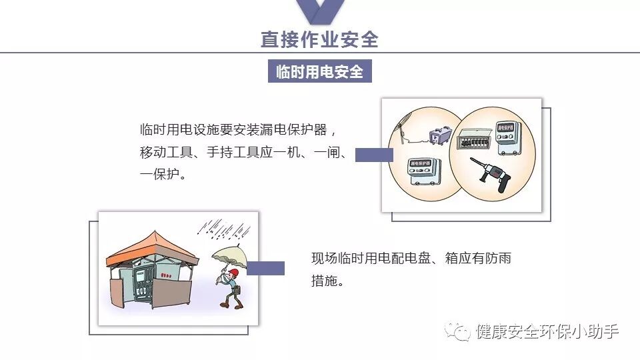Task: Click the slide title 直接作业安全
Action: coord(319,39)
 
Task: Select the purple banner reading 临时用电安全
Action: coord(319,72)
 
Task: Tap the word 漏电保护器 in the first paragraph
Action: coord(294,129)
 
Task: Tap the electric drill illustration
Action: coord(491,174)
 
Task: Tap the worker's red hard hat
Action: coord(233,273)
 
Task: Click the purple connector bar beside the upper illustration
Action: coord(373,155)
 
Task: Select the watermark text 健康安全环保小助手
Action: coord(547,331)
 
